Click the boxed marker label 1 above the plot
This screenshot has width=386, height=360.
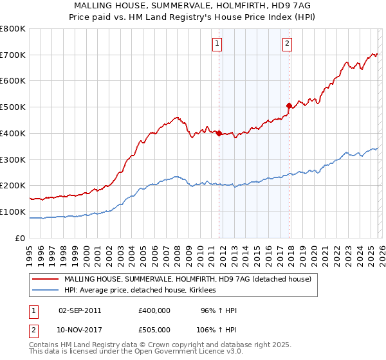[217, 44]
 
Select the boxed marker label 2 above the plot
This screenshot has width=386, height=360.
[286, 44]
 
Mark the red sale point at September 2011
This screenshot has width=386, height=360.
[219, 133]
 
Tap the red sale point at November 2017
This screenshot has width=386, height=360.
[289, 105]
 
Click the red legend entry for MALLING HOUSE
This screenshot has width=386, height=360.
[187, 279]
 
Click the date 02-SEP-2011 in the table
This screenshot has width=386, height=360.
[79, 310]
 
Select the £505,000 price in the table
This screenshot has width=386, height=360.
[154, 330]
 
